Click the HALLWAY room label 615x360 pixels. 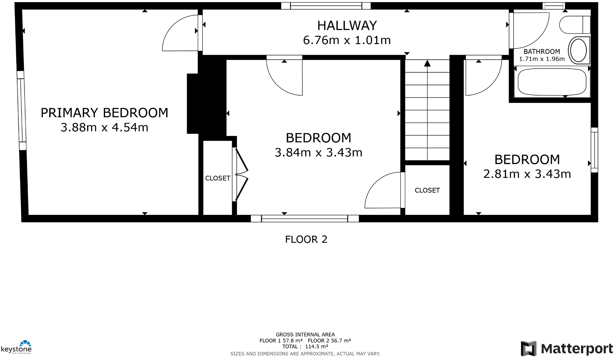coord(347,26)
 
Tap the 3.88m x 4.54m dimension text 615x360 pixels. coord(104,127)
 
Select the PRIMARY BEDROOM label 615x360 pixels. coord(104,113)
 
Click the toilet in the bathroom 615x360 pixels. coord(575,24)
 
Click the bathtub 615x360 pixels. coord(552,82)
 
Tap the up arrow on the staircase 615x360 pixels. coord(427,64)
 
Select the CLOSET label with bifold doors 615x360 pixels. coord(217,178)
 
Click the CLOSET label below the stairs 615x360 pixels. coord(427,190)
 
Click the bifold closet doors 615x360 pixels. coord(241,174)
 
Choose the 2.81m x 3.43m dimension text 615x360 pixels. coord(527,174)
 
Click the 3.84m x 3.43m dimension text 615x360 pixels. coord(318,152)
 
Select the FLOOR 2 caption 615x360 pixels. coord(306,239)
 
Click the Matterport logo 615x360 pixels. coord(567,348)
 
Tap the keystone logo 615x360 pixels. coord(17,348)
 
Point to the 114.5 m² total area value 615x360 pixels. coord(316,347)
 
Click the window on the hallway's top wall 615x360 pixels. coord(326,6)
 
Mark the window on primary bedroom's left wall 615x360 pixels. coord(21,111)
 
